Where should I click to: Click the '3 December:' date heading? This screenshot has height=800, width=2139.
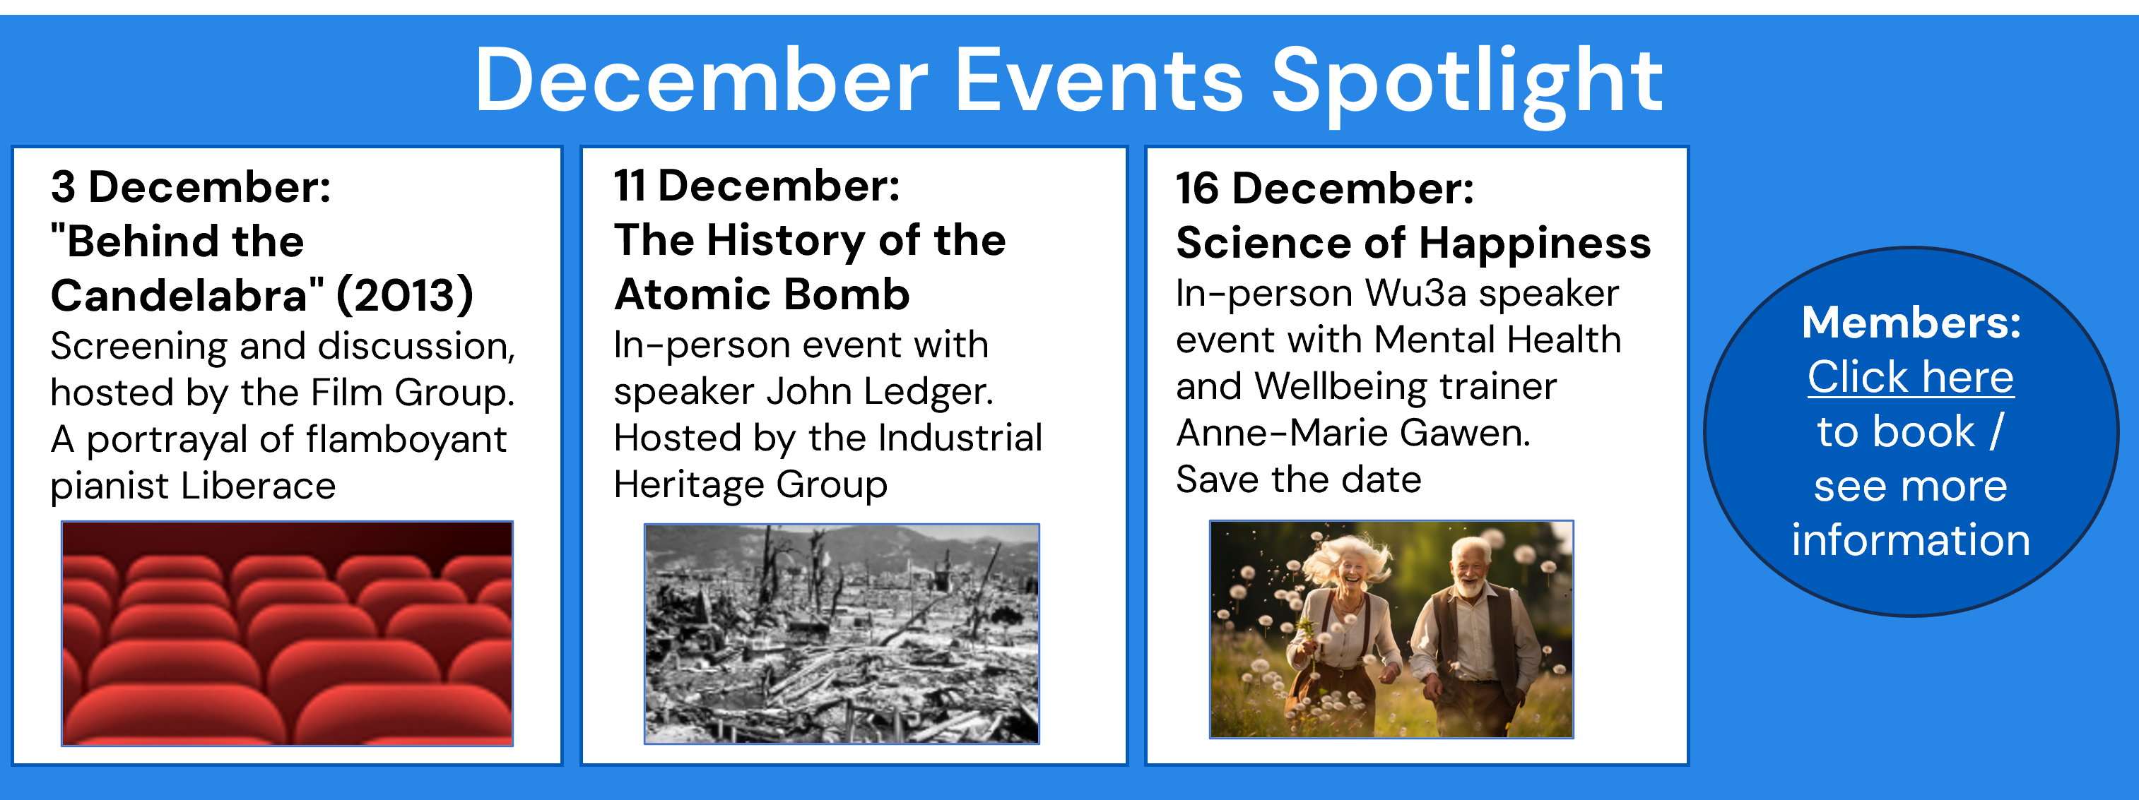point(191,186)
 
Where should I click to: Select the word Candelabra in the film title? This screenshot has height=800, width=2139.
point(188,295)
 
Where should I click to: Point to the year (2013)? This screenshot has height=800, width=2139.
point(405,295)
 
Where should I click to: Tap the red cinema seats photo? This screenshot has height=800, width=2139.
point(288,633)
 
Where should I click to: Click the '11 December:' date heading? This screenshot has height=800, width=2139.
point(756,185)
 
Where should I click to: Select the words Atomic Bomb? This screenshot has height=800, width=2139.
point(762,294)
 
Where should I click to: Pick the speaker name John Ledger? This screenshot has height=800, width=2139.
point(879,391)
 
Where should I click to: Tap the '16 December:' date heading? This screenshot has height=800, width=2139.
point(1325,189)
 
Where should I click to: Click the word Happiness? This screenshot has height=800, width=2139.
point(1535,243)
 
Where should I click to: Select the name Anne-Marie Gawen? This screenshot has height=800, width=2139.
point(1353,432)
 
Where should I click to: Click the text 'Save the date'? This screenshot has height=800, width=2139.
point(1299,479)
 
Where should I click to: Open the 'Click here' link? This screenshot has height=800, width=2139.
point(1911,378)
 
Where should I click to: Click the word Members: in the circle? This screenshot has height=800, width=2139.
point(1911,322)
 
